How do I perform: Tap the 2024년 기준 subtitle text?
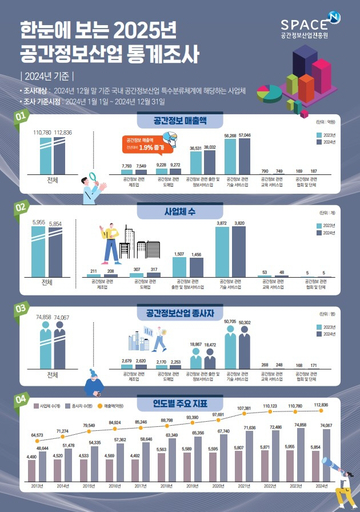point(47,77)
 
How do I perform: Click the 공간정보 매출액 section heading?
point(179,121)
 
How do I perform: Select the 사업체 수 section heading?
point(179,211)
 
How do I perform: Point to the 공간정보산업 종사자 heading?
point(179,313)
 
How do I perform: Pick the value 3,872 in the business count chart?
point(222,223)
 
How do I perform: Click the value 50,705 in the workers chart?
point(230,322)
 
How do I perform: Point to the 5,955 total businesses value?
point(38,222)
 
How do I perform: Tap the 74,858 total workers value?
point(43,317)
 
